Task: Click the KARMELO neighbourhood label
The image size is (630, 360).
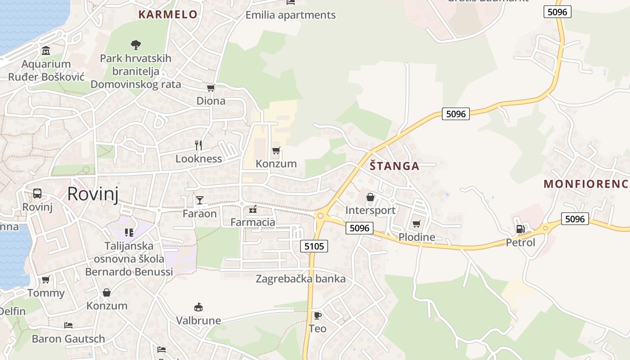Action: click(x=168, y=14)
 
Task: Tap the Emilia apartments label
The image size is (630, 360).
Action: click(x=290, y=15)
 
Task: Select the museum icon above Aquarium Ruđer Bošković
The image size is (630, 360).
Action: click(x=46, y=50)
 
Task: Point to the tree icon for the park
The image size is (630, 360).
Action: click(x=135, y=45)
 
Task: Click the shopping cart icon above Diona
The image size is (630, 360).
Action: click(x=211, y=88)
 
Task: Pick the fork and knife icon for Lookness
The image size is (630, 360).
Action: click(x=198, y=145)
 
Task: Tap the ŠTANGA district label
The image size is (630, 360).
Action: click(x=394, y=166)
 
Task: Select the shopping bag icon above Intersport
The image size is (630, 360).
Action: click(x=370, y=197)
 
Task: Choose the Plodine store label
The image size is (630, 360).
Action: click(x=417, y=237)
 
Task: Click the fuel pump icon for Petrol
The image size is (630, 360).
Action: click(x=520, y=229)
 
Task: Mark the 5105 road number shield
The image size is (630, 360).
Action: click(x=314, y=246)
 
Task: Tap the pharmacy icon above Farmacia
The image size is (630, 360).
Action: click(x=252, y=209)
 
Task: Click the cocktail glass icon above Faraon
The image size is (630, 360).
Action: click(x=199, y=200)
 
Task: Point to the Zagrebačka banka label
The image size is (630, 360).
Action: click(x=301, y=279)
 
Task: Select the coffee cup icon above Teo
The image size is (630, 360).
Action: click(x=317, y=315)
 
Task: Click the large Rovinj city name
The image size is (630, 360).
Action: click(x=93, y=194)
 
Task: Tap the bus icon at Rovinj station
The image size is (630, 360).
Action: click(x=37, y=193)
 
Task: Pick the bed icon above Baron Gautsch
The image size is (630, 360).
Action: click(x=68, y=325)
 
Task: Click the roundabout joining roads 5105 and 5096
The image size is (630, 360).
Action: click(x=320, y=216)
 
